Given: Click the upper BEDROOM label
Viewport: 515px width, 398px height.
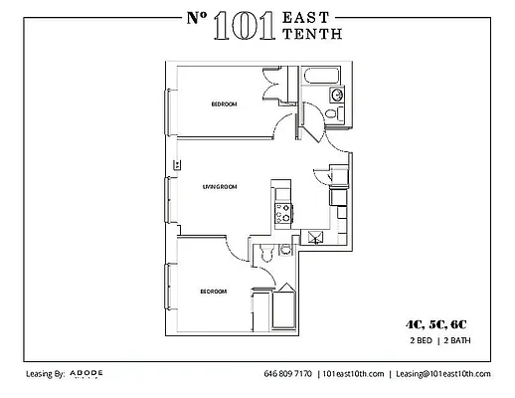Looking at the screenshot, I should tap(224, 104).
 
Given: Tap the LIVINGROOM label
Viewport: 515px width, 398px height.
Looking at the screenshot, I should tap(218, 186).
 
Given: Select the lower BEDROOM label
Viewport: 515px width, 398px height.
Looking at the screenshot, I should tap(213, 292).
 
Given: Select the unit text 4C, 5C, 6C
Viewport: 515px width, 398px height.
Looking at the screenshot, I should tap(433, 324).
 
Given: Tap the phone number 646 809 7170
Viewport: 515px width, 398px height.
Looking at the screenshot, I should tap(288, 374).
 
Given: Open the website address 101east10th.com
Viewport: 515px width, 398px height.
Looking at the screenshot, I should tap(352, 374).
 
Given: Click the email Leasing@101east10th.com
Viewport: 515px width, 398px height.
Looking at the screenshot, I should tap(443, 374).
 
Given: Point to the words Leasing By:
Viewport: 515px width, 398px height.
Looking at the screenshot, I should tap(46, 374).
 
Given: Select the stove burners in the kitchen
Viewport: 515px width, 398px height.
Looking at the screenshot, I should tap(282, 211).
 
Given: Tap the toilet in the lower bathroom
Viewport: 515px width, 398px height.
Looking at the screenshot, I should tap(263, 256).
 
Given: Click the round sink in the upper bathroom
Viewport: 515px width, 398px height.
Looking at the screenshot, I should tap(337, 96).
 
